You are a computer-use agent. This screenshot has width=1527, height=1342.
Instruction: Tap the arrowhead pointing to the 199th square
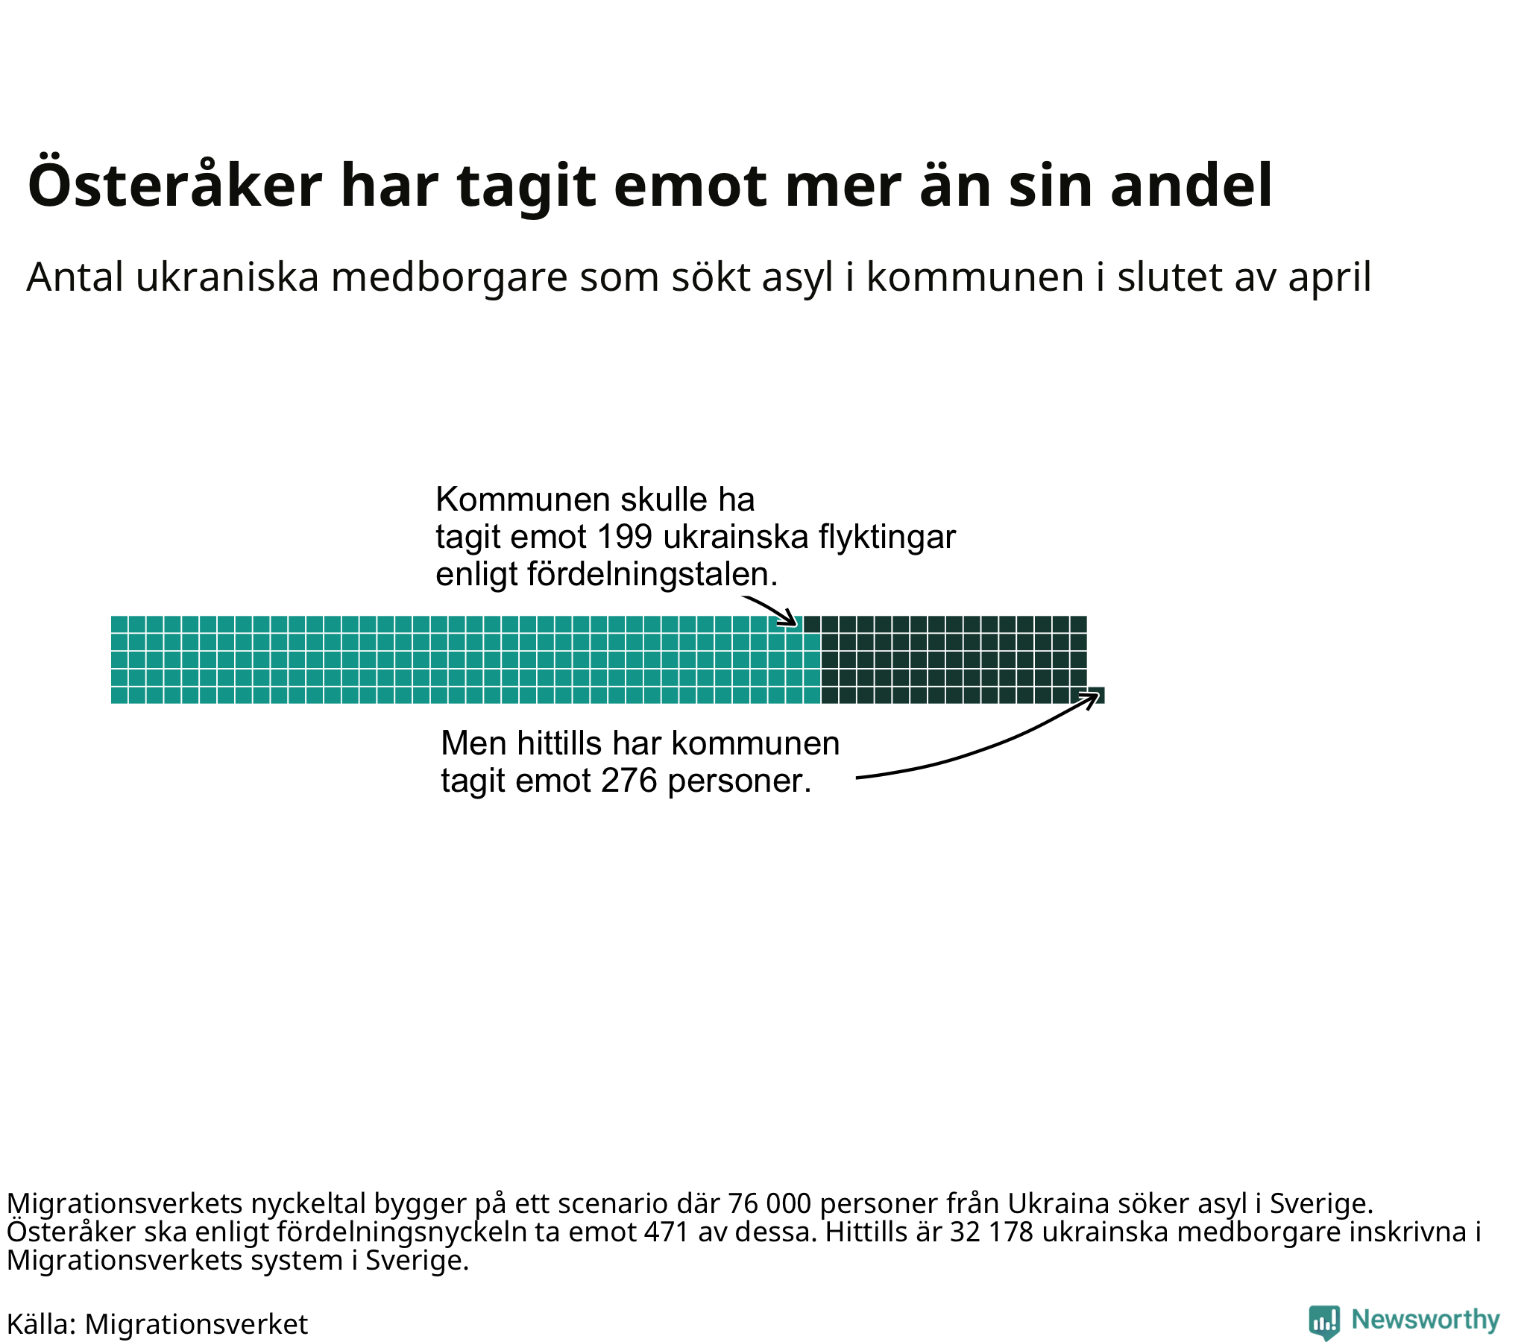(x=791, y=620)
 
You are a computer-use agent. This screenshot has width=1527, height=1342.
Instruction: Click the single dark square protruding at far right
(x=1096, y=696)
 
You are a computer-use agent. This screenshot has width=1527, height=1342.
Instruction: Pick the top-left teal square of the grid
(x=119, y=624)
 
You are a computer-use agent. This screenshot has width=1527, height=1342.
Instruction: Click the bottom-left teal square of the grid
(x=119, y=696)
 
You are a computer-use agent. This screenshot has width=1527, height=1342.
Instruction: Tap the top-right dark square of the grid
(x=1078, y=624)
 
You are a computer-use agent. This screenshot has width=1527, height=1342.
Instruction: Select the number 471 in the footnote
(x=666, y=1232)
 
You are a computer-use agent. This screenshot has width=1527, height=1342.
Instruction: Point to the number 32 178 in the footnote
(x=992, y=1232)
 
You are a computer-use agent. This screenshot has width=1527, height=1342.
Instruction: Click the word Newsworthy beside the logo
(x=1426, y=1320)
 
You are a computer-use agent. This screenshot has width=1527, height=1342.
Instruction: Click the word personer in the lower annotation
(x=739, y=781)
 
